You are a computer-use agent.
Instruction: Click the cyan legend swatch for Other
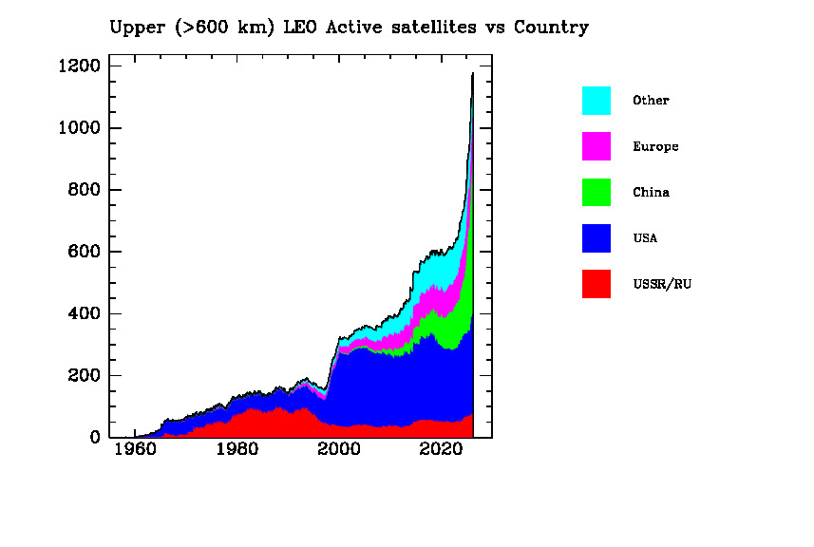point(596,101)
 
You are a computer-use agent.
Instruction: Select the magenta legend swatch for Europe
point(596,146)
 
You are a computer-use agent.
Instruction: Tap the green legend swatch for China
point(596,192)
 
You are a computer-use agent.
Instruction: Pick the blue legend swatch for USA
point(596,237)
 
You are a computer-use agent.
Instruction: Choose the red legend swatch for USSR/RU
point(596,283)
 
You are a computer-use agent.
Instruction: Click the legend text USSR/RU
point(661,284)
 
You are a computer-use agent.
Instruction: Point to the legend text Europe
point(655,147)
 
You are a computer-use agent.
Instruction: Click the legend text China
point(651,193)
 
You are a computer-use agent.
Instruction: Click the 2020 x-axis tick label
point(441,449)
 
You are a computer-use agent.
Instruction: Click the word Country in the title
point(551,28)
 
